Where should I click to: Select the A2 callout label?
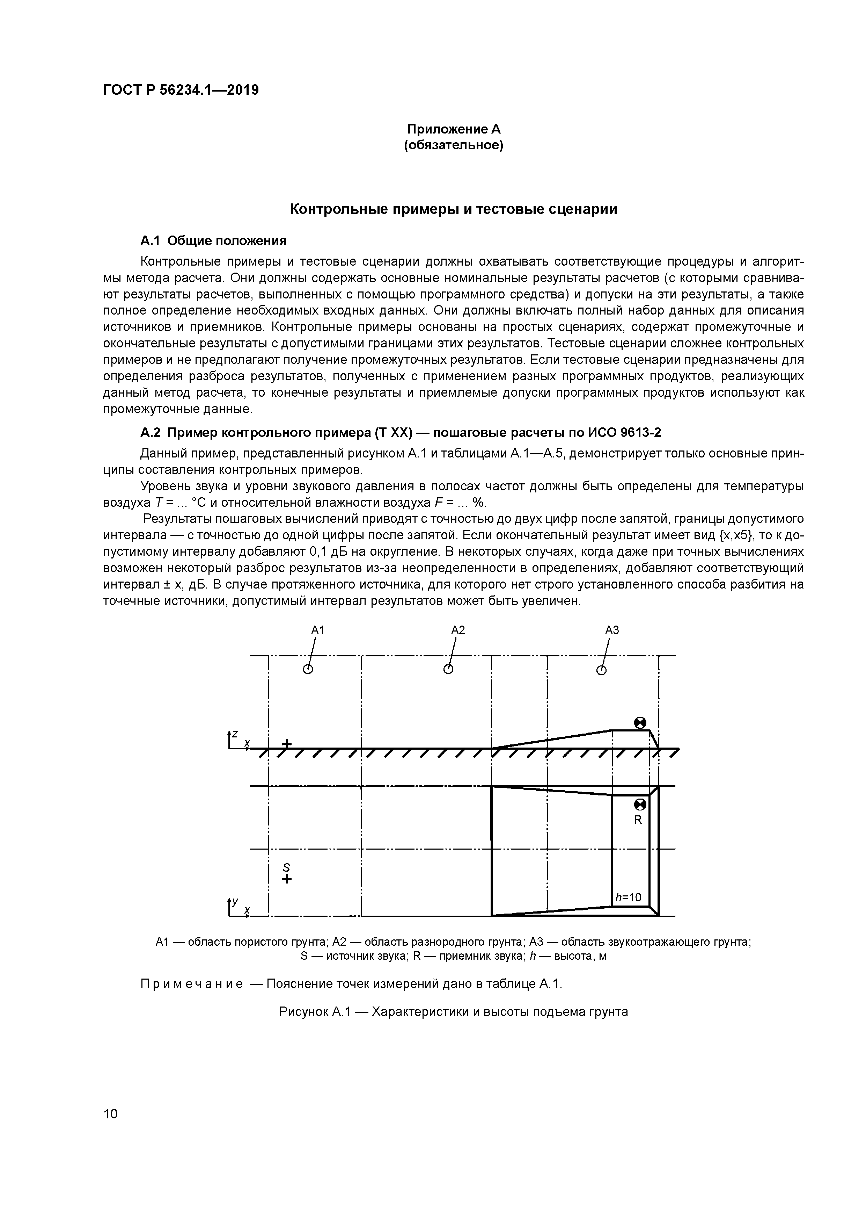click(x=458, y=630)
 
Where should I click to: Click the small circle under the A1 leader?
click(x=307, y=670)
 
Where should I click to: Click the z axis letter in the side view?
click(x=234, y=734)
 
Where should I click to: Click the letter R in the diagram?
click(x=638, y=820)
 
